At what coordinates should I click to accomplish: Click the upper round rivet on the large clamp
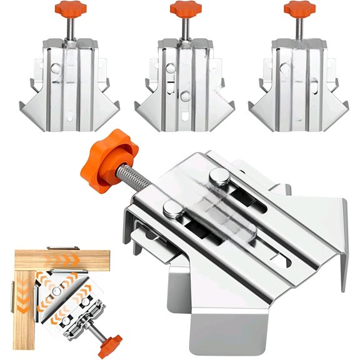(x=217, y=177)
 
